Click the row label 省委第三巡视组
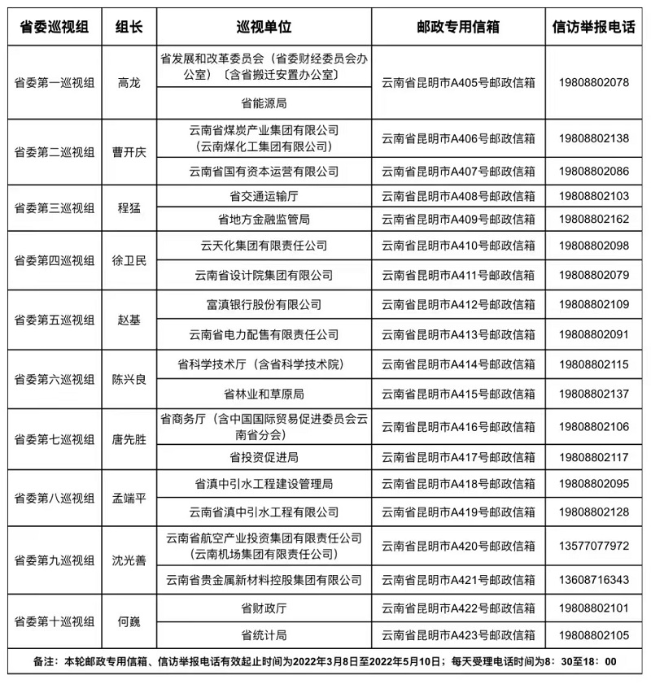pyautogui.click(x=55, y=207)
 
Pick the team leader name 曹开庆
pyautogui.click(x=129, y=151)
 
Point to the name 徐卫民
pyautogui.click(x=129, y=260)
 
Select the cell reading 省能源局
pyautogui.click(x=264, y=104)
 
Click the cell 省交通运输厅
pyautogui.click(x=264, y=196)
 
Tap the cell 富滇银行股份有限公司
pyautogui.click(x=264, y=305)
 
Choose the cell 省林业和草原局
pyautogui.click(x=264, y=394)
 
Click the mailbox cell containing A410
pyautogui.click(x=457, y=246)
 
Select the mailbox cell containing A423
pyautogui.click(x=457, y=634)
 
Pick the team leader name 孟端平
pyautogui.click(x=129, y=498)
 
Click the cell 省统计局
pyautogui.click(x=264, y=634)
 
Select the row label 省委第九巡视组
pyautogui.click(x=55, y=560)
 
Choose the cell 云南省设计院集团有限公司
pyautogui.click(x=264, y=275)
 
